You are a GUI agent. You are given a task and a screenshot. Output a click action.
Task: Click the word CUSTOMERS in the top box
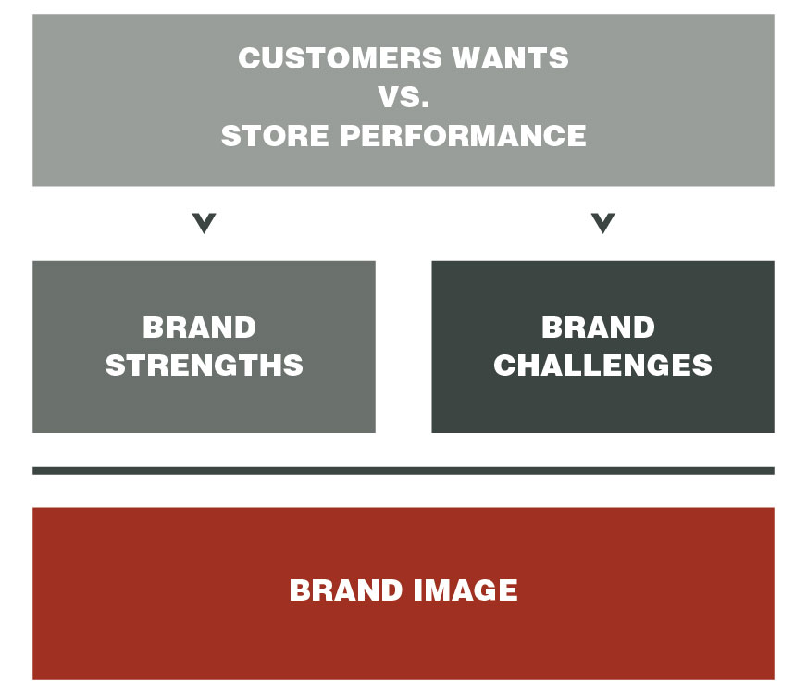(x=341, y=57)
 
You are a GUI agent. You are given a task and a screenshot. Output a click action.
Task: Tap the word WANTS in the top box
(x=511, y=57)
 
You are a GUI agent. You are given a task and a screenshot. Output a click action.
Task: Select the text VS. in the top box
(x=403, y=97)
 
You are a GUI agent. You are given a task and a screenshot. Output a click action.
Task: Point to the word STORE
(x=275, y=136)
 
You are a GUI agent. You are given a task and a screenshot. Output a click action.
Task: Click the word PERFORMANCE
(x=463, y=136)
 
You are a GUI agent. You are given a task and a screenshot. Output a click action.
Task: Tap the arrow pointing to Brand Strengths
(x=204, y=223)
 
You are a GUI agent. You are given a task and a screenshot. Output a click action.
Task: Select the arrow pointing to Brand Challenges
(x=602, y=223)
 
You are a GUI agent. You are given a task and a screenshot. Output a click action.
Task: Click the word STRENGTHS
(x=205, y=366)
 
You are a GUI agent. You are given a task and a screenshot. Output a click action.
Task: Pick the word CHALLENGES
(x=602, y=366)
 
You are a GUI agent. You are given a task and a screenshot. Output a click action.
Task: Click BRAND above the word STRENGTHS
(x=199, y=328)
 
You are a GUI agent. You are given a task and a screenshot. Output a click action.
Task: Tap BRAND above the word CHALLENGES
(x=598, y=328)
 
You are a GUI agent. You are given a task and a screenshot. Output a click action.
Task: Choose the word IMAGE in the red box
(x=466, y=589)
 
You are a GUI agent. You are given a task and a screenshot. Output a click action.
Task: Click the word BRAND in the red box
(x=346, y=589)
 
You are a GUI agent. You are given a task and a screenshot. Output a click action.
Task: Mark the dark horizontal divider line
(x=403, y=471)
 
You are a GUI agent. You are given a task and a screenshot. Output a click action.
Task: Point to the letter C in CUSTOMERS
(x=250, y=57)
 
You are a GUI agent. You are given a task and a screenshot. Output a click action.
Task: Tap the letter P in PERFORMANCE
(x=350, y=136)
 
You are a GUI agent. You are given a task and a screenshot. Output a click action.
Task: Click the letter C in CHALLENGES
(x=505, y=366)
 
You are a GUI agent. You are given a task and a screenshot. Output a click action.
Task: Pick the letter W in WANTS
(x=469, y=57)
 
